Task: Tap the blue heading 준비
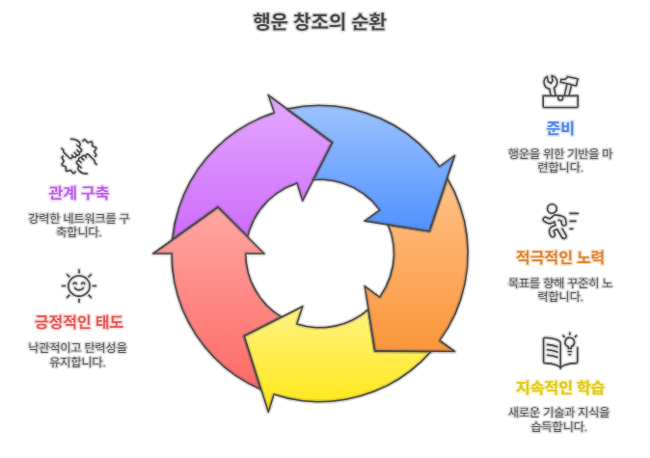coord(560,128)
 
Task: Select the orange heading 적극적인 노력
coord(559,257)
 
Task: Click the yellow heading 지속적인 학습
coord(560,388)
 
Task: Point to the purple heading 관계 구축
coord(78,191)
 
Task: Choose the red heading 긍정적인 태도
coord(78,321)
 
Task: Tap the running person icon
coord(559,221)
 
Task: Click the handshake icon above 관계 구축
coord(78,154)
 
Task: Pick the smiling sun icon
coord(78,285)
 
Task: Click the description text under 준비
coord(560,160)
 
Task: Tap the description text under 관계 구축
coord(78,225)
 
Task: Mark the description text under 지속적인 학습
coord(560,419)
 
